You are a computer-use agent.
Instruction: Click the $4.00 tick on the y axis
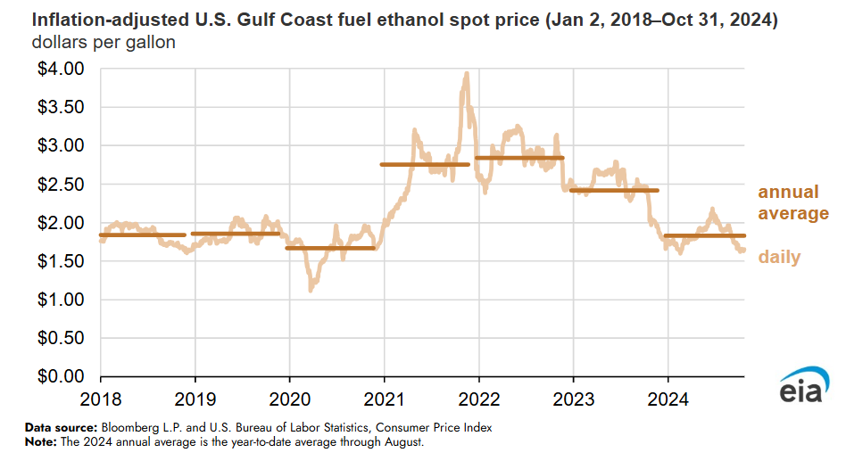coord(61,69)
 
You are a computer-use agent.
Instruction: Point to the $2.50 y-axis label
coord(61,185)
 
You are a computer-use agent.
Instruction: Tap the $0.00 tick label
coord(61,377)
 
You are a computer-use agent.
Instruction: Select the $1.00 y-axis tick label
coord(61,300)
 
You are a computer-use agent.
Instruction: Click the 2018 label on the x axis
coord(101,396)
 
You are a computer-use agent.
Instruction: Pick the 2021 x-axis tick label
coord(385,396)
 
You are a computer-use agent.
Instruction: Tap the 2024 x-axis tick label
coord(668,396)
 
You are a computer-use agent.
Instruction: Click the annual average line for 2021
coord(425,164)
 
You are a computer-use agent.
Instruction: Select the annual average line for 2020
coord(330,248)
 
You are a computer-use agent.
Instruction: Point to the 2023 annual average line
coord(614,190)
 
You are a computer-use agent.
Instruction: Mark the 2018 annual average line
coord(143,234)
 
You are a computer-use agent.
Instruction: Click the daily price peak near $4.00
coord(466,75)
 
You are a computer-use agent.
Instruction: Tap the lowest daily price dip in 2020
coord(311,290)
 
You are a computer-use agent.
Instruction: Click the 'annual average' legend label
coord(792,203)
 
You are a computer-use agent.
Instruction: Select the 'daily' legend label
coord(779,258)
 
